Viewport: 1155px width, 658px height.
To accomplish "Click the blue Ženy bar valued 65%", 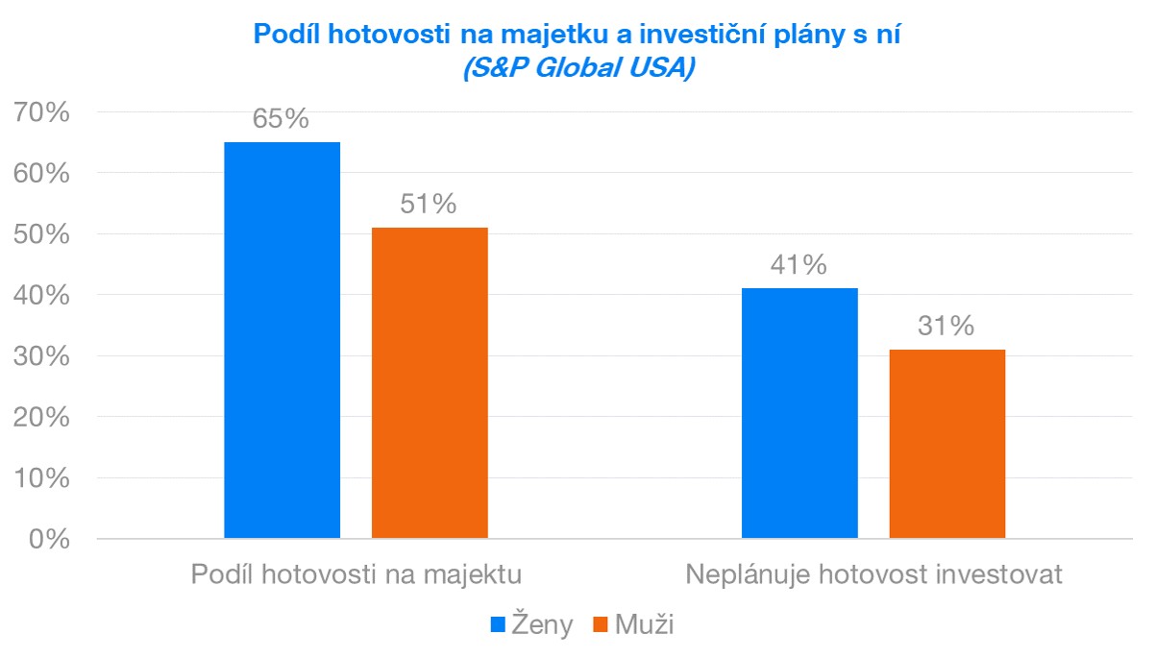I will [x=282, y=340].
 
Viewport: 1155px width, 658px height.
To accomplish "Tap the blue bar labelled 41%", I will [x=799, y=413].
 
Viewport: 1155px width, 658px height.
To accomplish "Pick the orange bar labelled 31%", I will [x=946, y=444].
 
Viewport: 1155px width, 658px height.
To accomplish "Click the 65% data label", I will [x=281, y=119].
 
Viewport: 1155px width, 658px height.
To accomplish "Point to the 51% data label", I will [x=429, y=205].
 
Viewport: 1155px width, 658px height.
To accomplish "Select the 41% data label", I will [x=799, y=265].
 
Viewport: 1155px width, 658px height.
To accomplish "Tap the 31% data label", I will [x=946, y=327].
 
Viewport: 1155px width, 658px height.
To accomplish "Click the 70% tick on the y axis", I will [x=43, y=112].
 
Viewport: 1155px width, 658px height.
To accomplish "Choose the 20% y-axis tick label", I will [x=43, y=418].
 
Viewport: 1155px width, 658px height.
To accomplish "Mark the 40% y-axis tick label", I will [x=43, y=296].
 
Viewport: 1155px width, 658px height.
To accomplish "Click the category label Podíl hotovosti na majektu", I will [x=356, y=575].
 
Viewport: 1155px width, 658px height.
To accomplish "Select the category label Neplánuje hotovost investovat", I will [x=873, y=575].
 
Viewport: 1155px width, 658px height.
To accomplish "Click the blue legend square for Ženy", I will [x=499, y=625].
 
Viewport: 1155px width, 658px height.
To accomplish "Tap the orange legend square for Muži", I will [x=601, y=625].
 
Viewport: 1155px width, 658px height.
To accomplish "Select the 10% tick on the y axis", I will [x=43, y=478].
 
